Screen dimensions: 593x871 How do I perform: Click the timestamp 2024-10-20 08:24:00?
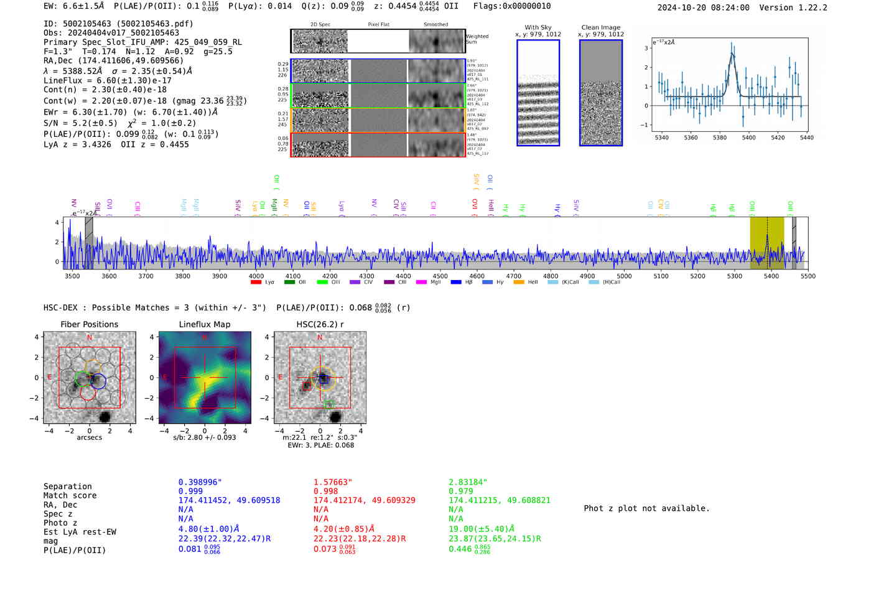[703, 7]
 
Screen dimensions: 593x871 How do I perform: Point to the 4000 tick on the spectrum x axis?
[256, 276]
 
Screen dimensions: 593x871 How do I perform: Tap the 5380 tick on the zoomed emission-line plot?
[719, 138]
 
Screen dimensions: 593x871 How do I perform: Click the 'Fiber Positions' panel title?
[89, 324]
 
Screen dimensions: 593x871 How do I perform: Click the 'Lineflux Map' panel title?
[204, 324]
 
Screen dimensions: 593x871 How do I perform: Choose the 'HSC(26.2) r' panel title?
[320, 324]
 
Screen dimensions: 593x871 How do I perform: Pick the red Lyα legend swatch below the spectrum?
[256, 282]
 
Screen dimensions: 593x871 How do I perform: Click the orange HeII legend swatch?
[519, 282]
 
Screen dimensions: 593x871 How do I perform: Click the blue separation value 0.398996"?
[200, 482]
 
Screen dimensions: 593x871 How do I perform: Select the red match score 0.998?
[326, 492]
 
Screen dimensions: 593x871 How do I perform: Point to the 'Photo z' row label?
[60, 523]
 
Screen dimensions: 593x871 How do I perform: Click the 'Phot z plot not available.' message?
[646, 508]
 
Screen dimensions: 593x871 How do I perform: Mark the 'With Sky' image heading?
[538, 27]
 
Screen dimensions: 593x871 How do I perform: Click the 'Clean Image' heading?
[600, 27]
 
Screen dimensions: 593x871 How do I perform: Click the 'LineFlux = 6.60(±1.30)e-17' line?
[108, 80]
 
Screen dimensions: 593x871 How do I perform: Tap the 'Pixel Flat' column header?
[378, 24]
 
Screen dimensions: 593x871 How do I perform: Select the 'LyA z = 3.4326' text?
[77, 144]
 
